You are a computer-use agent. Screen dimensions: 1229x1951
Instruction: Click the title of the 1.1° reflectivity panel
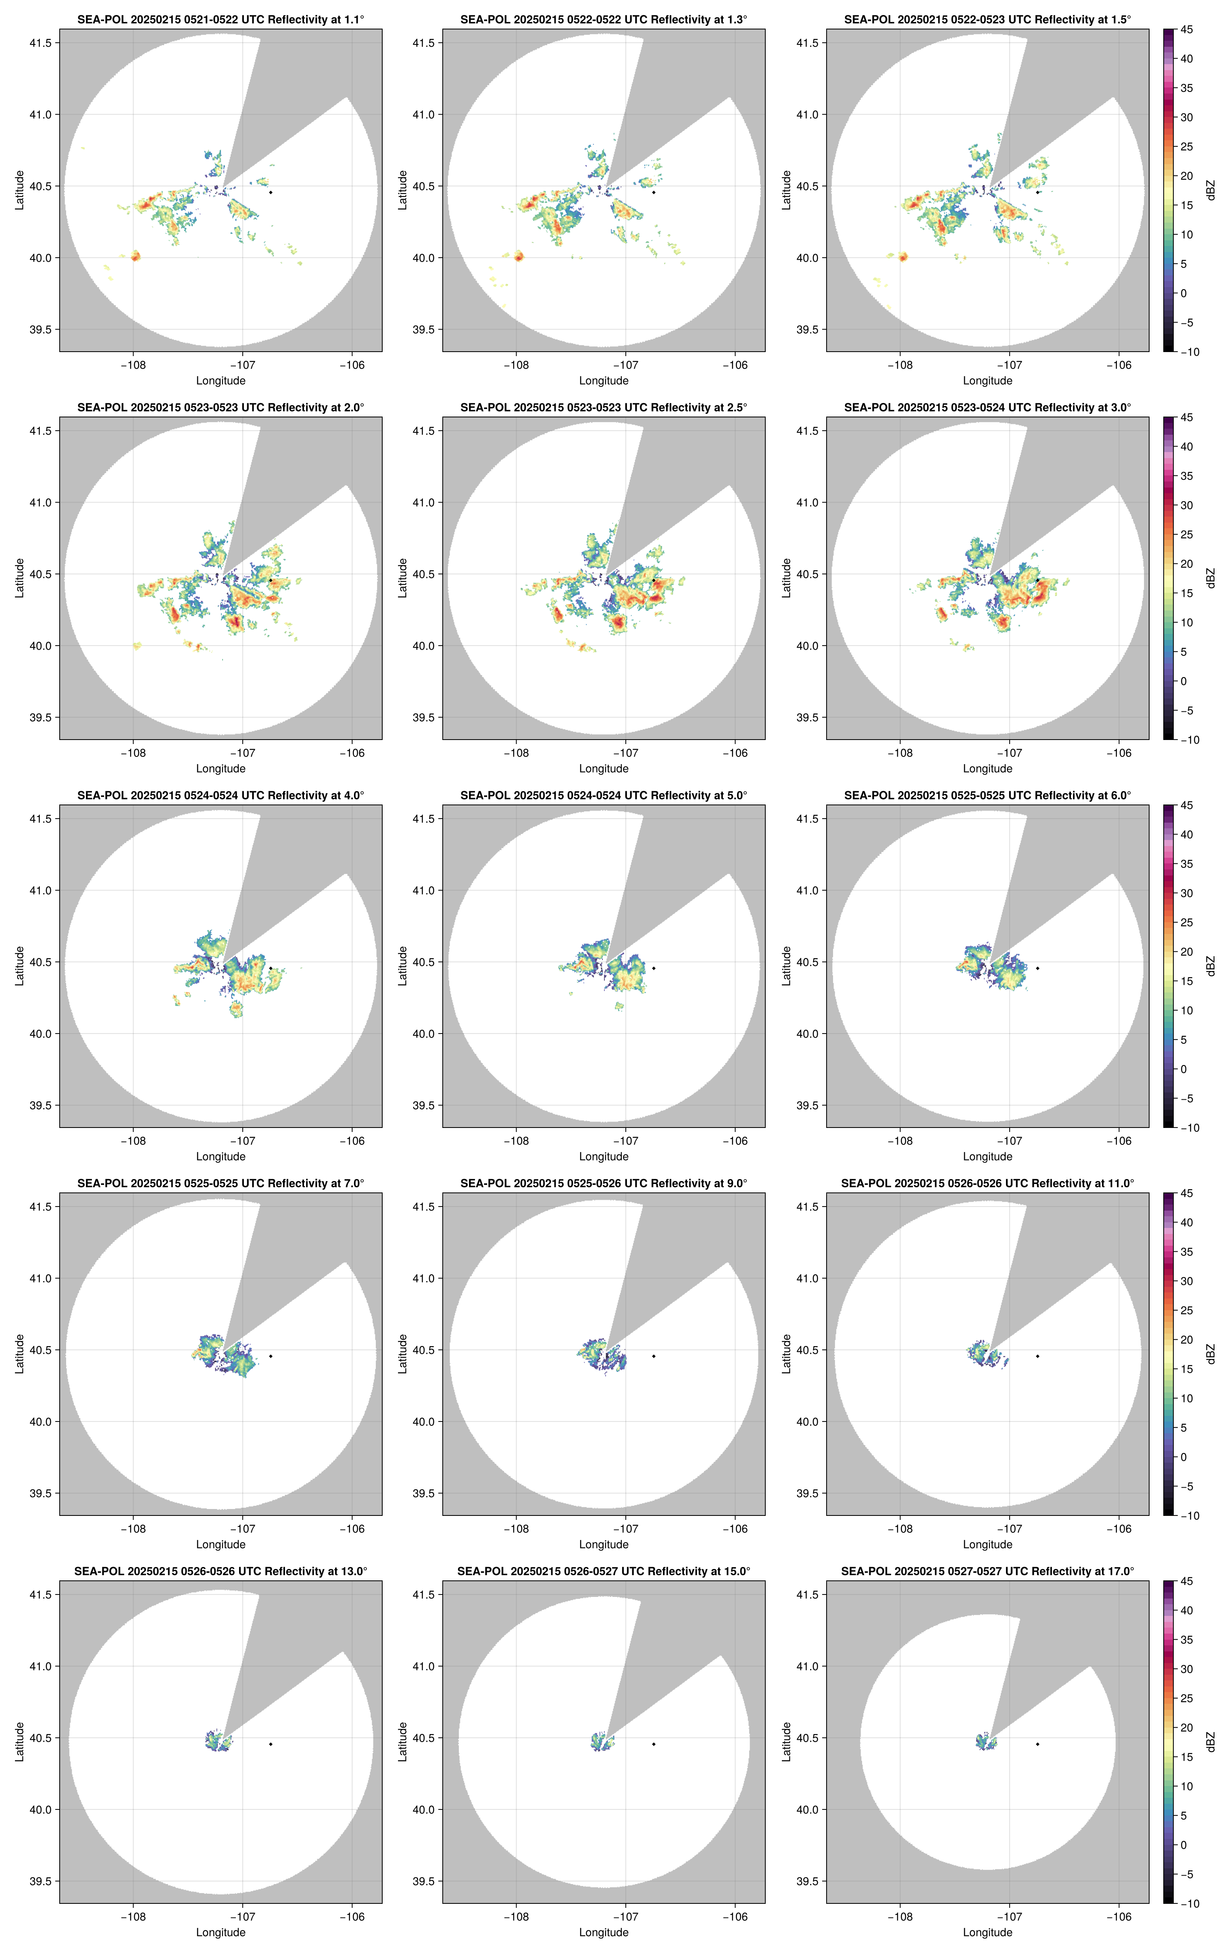tap(221, 19)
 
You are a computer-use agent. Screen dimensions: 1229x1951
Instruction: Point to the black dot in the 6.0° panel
tap(1037, 968)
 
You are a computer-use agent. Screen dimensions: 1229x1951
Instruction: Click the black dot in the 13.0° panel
tap(271, 1744)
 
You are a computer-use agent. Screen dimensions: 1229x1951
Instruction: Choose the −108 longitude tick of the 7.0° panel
tap(134, 1529)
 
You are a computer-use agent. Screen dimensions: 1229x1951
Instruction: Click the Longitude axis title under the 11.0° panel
tap(987, 1544)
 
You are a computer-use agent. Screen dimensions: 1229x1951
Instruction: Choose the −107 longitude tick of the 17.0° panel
tap(1009, 1917)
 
